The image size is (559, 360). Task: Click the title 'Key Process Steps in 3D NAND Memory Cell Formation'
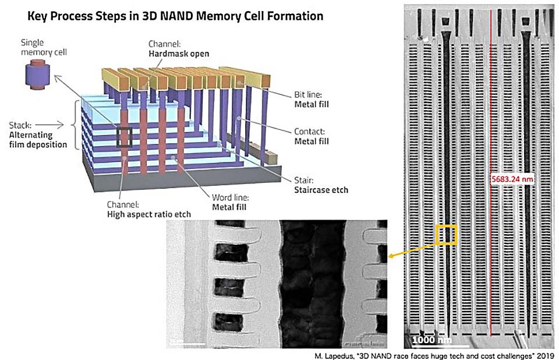coord(175,16)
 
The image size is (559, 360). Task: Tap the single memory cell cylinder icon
coord(37,75)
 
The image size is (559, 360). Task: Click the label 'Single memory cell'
coord(44,47)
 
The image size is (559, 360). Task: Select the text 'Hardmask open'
coord(179,54)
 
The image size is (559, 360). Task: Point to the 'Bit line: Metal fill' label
coord(311,100)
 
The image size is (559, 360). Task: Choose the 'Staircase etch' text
coord(321,190)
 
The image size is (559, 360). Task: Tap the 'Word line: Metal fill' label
coord(230,202)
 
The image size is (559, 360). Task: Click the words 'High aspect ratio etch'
coord(149,214)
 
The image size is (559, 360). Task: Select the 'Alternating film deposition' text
coord(38,140)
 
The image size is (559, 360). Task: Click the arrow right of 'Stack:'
coord(49,125)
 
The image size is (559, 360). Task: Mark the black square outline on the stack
coord(125,137)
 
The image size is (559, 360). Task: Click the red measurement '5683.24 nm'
coord(512,179)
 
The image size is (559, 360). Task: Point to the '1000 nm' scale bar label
coord(431,339)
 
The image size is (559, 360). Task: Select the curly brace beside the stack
coord(75,125)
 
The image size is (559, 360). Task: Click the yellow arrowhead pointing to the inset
coord(391,256)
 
